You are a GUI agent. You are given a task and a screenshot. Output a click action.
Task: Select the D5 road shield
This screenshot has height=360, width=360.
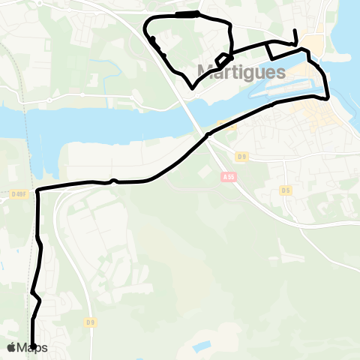pyautogui.click(x=286, y=190)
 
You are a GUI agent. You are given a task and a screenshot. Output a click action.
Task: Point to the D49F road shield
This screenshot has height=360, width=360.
pyautogui.click(x=19, y=194)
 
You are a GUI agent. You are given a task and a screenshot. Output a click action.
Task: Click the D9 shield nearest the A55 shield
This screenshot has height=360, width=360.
pyautogui.click(x=241, y=156)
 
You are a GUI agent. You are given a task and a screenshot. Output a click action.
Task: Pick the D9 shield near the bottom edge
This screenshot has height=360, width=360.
pyautogui.click(x=91, y=322)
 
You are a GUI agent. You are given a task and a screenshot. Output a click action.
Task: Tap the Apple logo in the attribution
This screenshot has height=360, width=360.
pyautogui.click(x=11, y=347)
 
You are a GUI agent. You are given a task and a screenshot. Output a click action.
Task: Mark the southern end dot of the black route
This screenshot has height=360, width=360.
pyautogui.click(x=33, y=345)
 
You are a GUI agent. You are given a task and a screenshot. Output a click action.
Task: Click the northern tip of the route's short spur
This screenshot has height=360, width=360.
pyautogui.click(x=295, y=31)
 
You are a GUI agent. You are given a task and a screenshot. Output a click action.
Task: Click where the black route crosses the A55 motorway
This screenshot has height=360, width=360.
pyautogui.click(x=208, y=135)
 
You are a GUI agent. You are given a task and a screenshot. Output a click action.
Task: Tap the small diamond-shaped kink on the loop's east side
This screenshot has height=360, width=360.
pyautogui.click(x=223, y=59)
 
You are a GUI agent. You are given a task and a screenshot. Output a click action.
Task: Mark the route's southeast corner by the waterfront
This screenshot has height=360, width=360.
pyautogui.click(x=328, y=97)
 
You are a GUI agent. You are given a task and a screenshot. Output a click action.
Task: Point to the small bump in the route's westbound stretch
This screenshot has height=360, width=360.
pyautogui.click(x=112, y=180)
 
